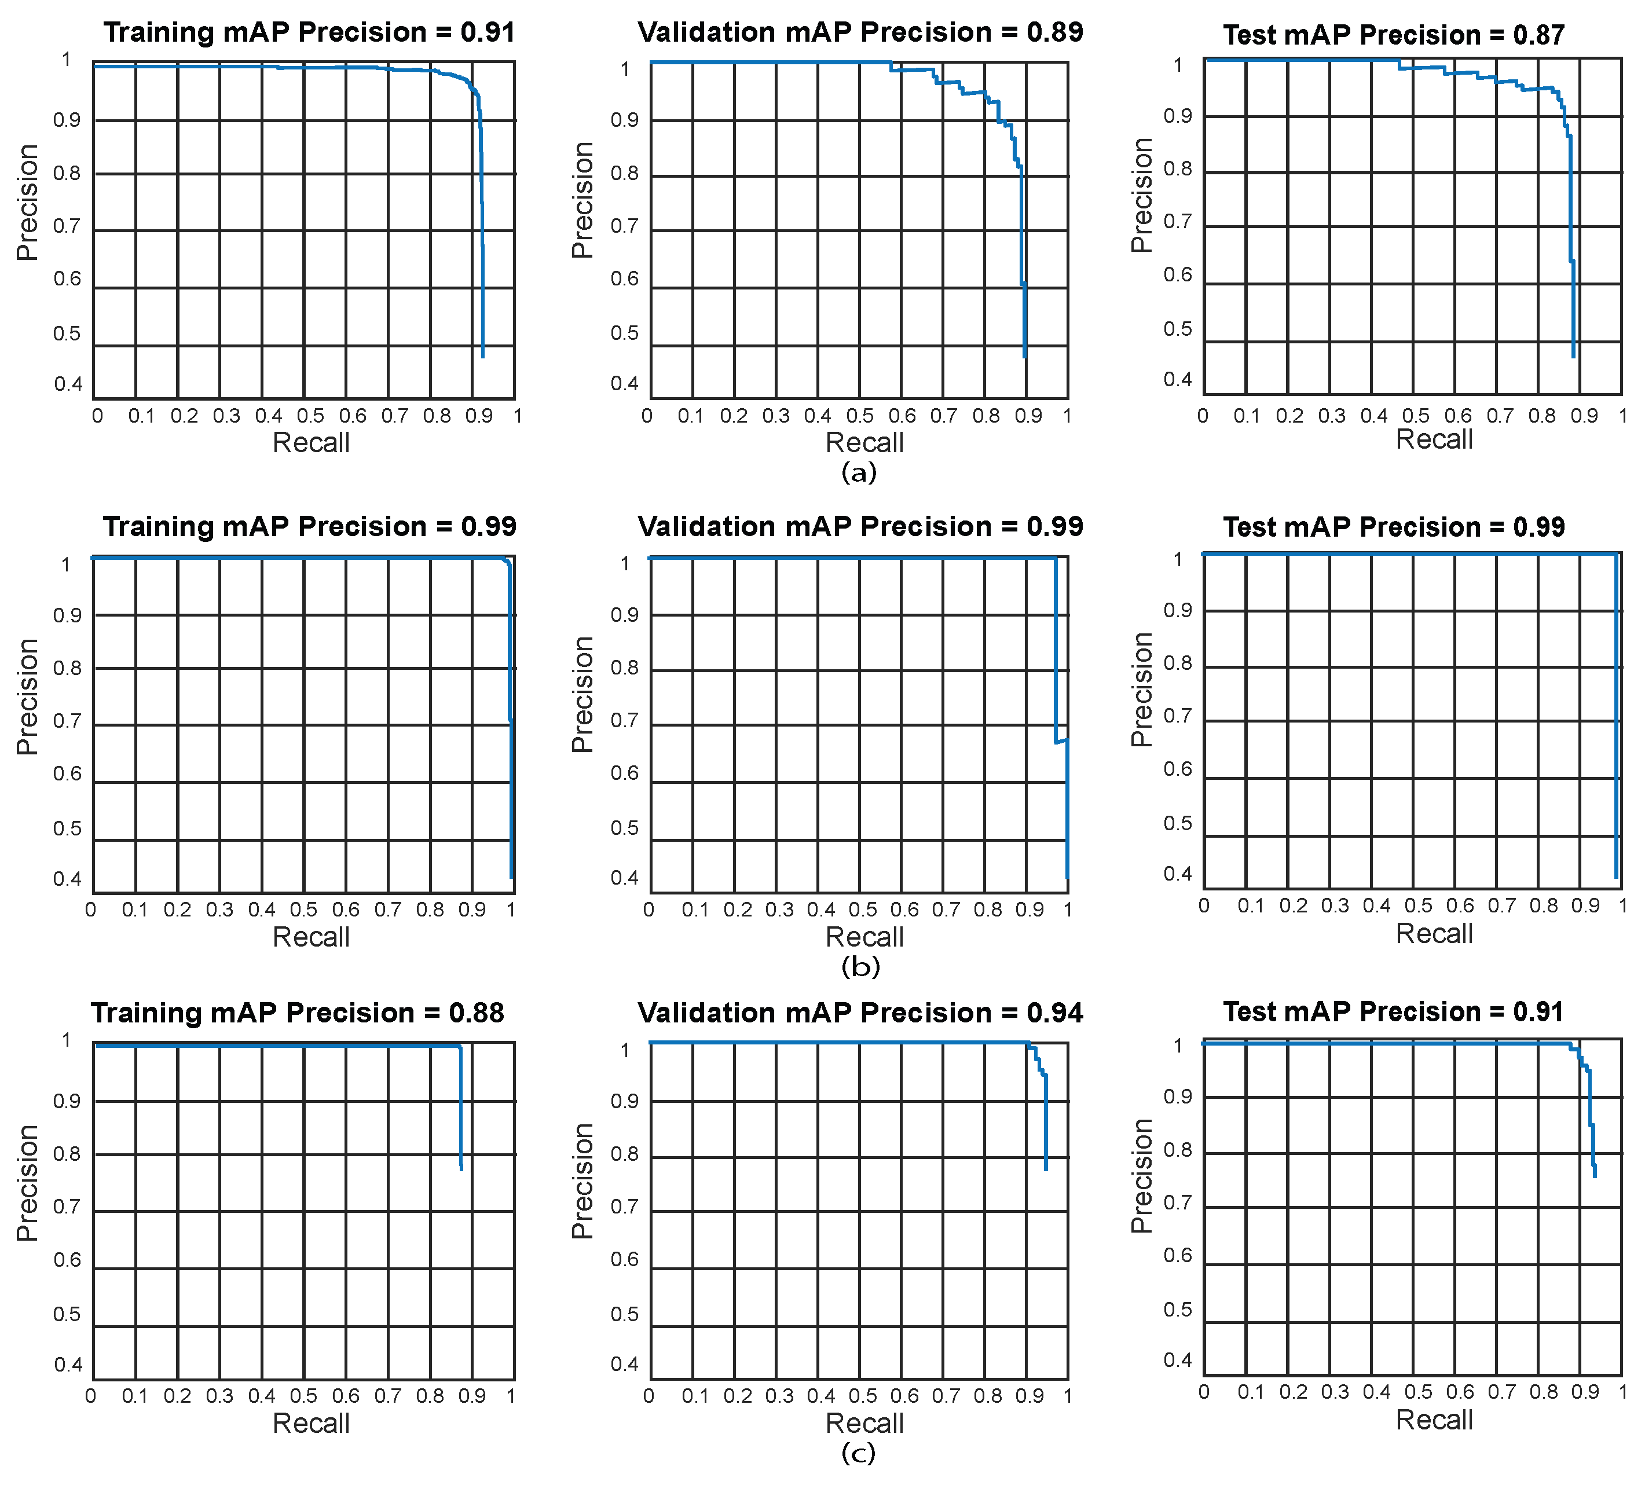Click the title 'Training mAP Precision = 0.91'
pyautogui.click(x=309, y=32)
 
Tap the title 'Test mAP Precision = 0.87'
pyautogui.click(x=1394, y=35)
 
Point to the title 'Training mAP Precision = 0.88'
pyautogui.click(x=298, y=1013)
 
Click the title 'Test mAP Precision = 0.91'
pyautogui.click(x=1393, y=1012)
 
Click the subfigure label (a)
pyautogui.click(x=859, y=472)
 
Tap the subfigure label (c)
pyautogui.click(x=859, y=1453)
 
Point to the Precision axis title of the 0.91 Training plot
pyautogui.click(x=28, y=203)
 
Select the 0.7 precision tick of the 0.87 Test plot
pyautogui.click(x=1178, y=222)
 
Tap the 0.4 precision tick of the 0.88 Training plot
pyautogui.click(x=68, y=1365)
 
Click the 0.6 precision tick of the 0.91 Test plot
pyautogui.click(x=1178, y=1256)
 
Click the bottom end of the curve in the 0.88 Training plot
pyautogui.click(x=461, y=1170)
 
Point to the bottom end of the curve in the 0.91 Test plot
pyautogui.click(x=1595, y=1176)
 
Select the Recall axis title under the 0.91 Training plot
pyautogui.click(x=311, y=443)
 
